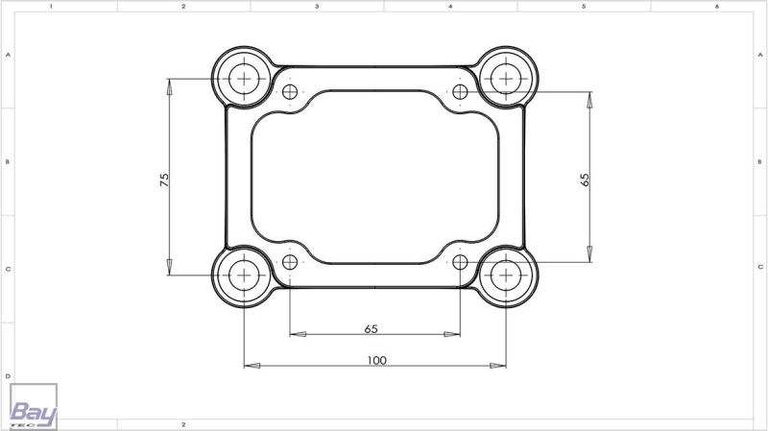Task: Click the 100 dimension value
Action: click(x=376, y=361)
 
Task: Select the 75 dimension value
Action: click(x=164, y=180)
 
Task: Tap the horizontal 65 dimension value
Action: click(x=372, y=328)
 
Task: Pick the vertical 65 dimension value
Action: click(x=585, y=180)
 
